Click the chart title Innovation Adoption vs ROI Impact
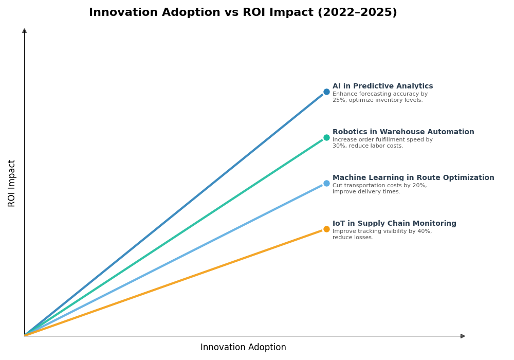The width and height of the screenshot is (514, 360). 243,13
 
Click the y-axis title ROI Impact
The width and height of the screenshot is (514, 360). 12,183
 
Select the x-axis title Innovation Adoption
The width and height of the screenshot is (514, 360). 243,348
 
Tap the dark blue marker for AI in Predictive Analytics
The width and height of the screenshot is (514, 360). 326,92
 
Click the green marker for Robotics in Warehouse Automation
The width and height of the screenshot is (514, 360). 326,138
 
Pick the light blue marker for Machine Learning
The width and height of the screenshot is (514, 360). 326,184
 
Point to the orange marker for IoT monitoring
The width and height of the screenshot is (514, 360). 326,229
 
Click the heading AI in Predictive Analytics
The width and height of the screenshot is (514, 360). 382,86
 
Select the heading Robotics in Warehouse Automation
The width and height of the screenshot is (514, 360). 403,132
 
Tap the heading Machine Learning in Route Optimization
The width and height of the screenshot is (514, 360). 413,178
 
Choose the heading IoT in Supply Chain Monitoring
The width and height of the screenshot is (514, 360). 394,224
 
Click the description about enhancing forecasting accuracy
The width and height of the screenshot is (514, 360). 380,97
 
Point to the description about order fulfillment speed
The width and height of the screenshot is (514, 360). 382,143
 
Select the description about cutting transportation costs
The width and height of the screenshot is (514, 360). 379,189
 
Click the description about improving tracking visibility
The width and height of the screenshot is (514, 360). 382,235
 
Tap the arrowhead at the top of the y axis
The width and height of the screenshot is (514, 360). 24,31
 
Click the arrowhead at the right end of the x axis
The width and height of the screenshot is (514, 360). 463,336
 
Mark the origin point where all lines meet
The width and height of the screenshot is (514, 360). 25,336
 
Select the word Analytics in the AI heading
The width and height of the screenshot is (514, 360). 414,86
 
